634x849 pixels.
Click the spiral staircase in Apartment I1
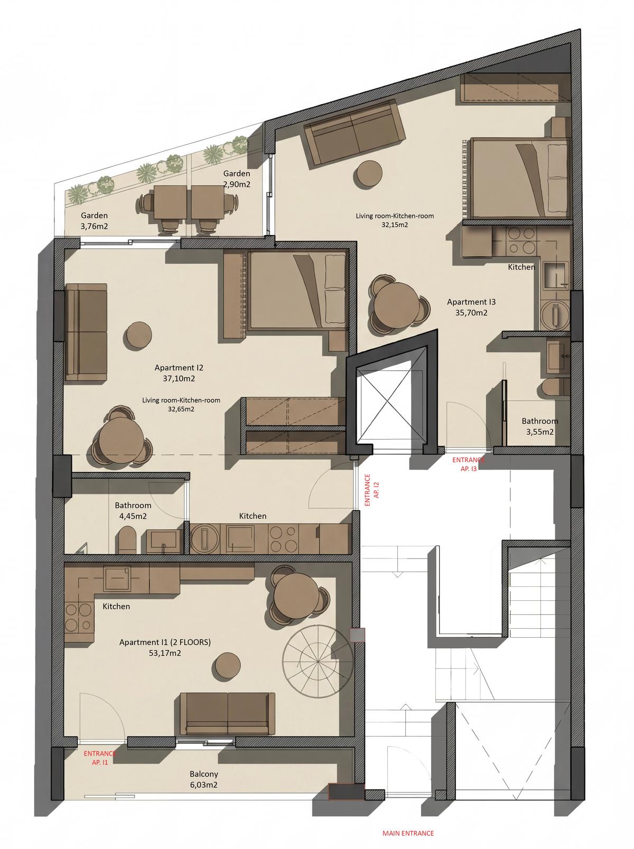[x=318, y=662]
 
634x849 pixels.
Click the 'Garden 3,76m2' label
[x=94, y=221]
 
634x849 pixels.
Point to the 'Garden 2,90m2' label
[x=236, y=179]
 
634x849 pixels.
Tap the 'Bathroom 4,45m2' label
[x=133, y=510]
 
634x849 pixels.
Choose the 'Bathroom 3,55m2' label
[x=539, y=426]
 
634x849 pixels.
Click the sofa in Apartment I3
[x=355, y=134]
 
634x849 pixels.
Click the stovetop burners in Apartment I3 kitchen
[x=521, y=240]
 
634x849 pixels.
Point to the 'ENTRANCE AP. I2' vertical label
[x=370, y=490]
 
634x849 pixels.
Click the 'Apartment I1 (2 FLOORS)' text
[x=165, y=642]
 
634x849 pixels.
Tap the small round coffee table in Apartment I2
[x=138, y=335]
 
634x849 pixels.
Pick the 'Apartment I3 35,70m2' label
[x=471, y=307]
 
